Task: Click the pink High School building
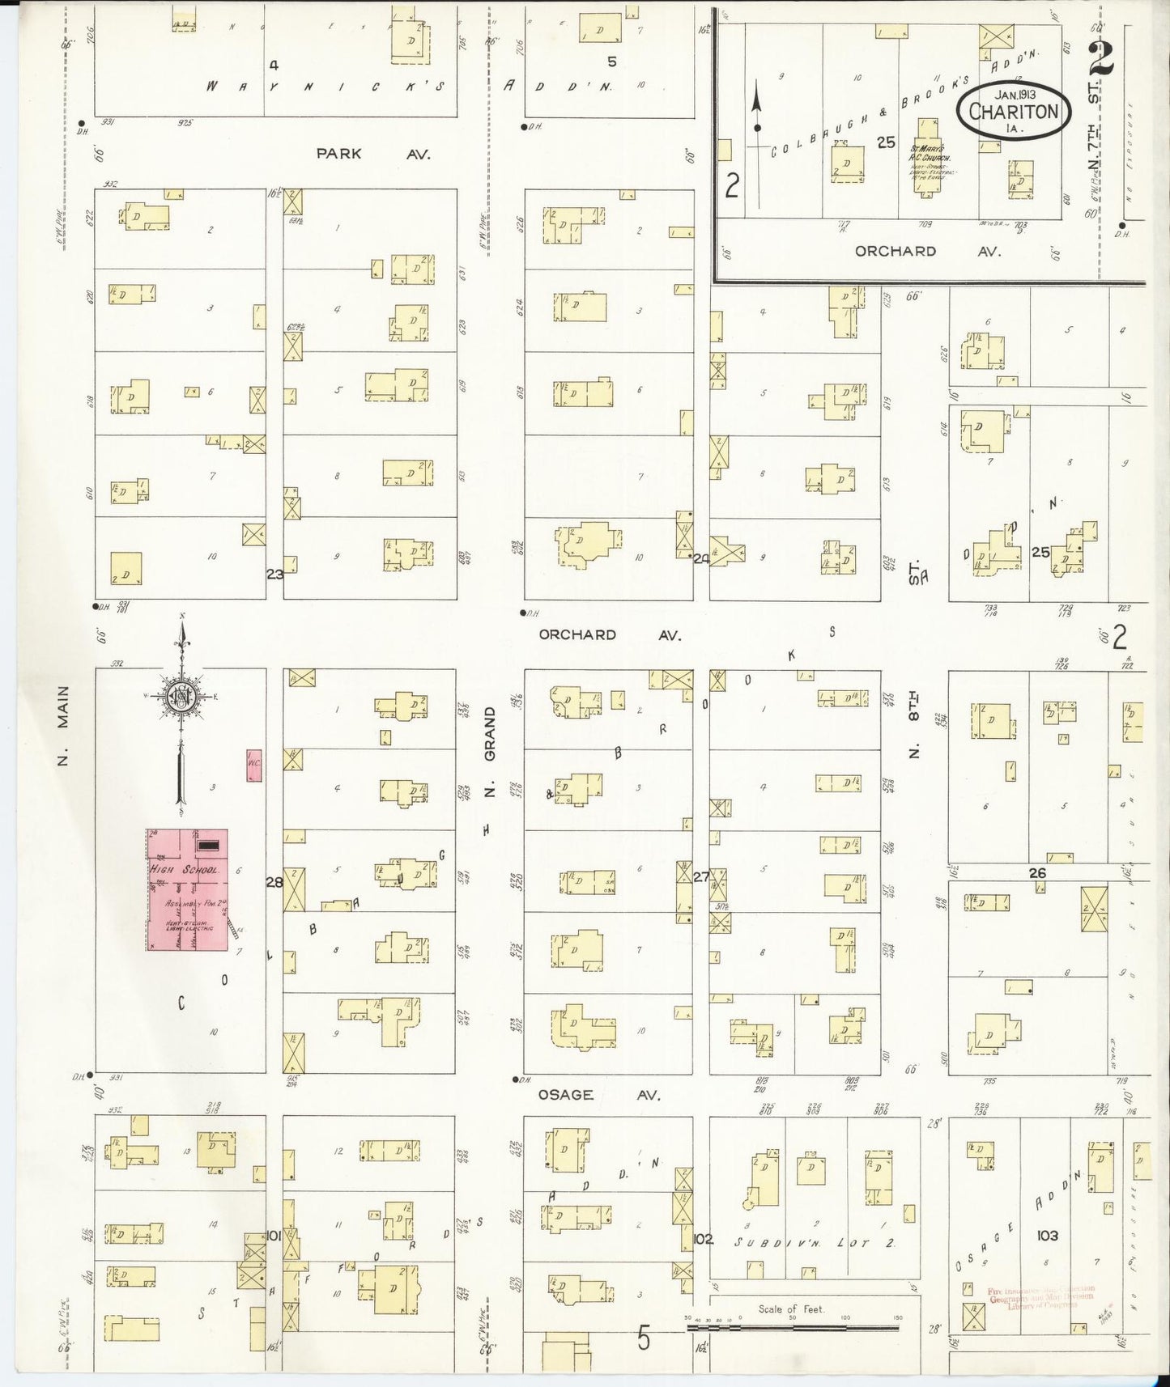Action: (187, 890)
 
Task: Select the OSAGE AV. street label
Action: (599, 1095)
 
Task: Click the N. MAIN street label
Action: (64, 724)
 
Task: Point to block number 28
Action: (274, 882)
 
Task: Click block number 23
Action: (275, 574)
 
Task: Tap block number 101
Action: (274, 1236)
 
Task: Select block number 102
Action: (703, 1239)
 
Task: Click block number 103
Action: (1048, 1236)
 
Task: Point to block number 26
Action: (1037, 872)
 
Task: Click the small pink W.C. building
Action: (254, 765)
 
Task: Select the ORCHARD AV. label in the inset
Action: (927, 252)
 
